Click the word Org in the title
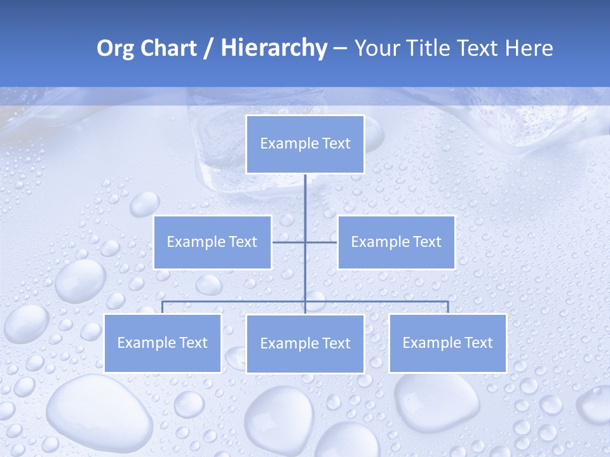pos(114,48)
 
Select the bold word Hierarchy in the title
pos(273,48)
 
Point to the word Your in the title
pos(377,48)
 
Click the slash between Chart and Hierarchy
pos(208,49)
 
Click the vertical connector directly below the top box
pos(305,197)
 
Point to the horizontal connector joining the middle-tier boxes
pos(289,242)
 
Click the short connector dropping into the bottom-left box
pos(163,307)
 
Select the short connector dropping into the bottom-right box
pos(448,307)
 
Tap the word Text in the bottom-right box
pos(478,343)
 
